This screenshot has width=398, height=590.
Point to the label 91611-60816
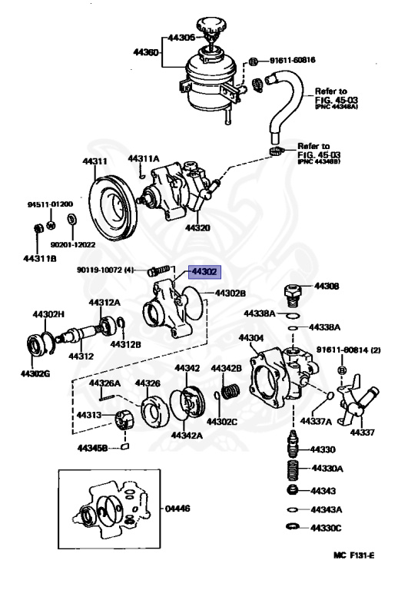tap(291, 58)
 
